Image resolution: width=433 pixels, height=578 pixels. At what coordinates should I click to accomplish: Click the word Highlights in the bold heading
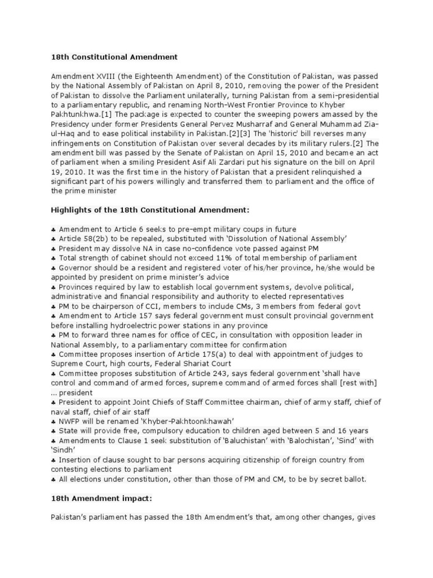[72, 209]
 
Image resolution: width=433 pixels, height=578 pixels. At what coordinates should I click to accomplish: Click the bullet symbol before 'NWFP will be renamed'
[54, 421]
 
